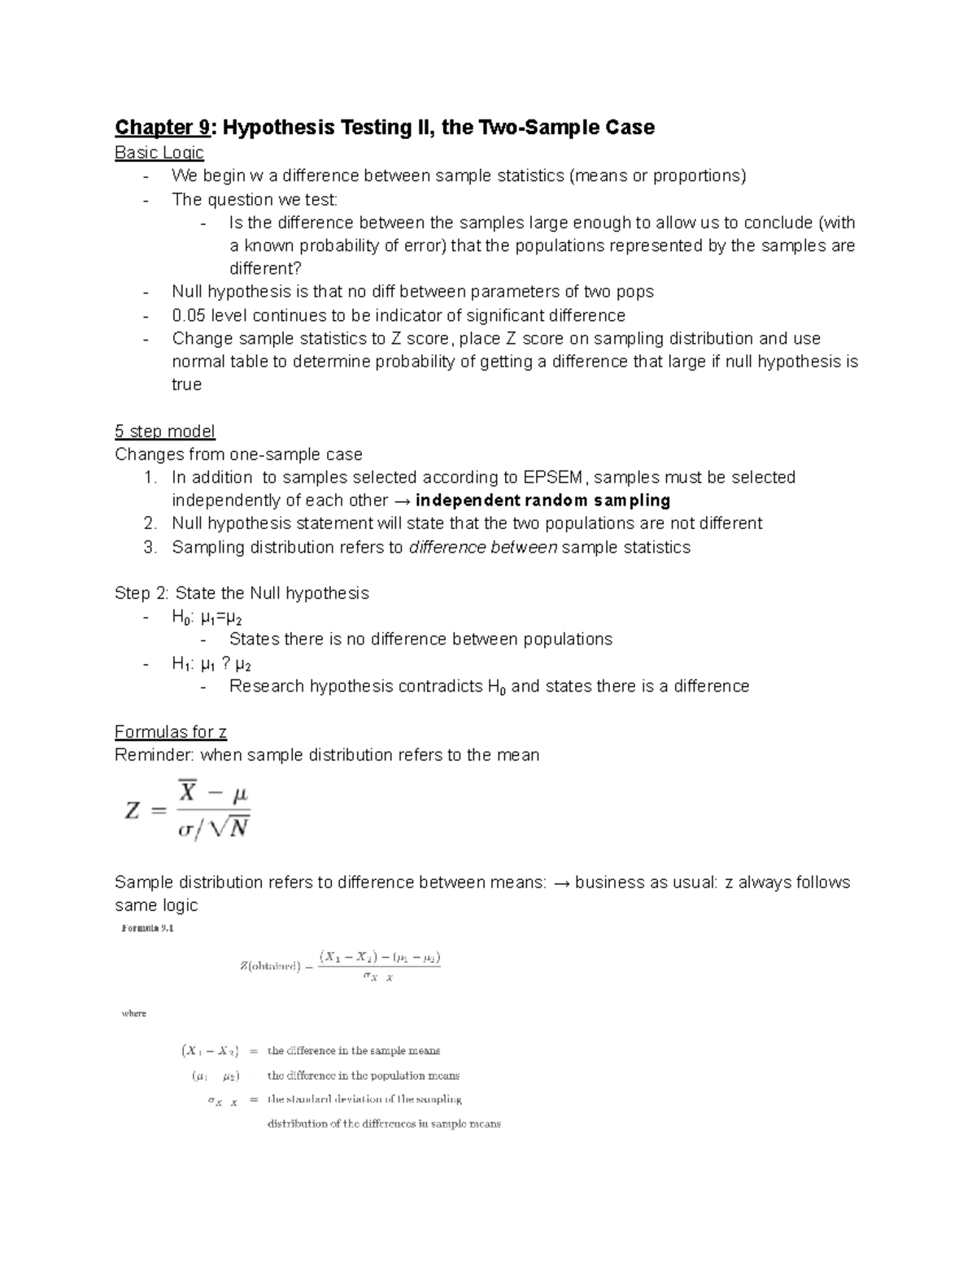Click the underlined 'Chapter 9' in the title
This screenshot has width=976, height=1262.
coord(162,128)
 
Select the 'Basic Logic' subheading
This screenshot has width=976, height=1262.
coord(159,153)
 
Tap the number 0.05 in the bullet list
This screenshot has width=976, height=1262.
coord(189,315)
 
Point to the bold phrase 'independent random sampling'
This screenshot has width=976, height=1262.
coord(542,501)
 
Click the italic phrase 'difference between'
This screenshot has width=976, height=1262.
coord(483,548)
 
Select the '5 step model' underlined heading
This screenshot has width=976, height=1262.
coord(164,432)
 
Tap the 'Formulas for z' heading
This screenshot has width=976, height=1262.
coord(170,732)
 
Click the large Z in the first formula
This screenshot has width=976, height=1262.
coord(133,810)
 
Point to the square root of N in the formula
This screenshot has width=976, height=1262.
coord(229,828)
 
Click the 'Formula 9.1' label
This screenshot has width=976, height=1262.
coord(147,928)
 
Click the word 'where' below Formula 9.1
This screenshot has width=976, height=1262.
coord(133,1013)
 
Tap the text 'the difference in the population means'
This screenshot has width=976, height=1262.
coord(363,1075)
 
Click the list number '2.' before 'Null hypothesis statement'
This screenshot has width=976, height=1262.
coord(150,523)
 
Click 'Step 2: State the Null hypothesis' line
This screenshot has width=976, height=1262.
coord(242,593)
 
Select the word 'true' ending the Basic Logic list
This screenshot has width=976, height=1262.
coord(186,384)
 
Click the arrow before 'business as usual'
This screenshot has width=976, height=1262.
coord(561,883)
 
